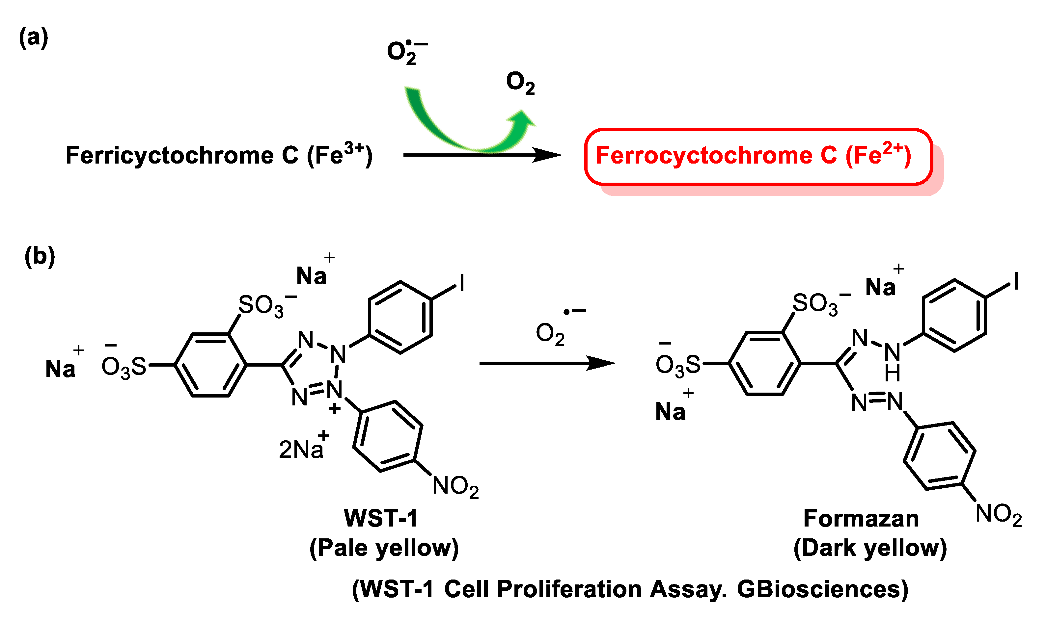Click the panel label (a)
point(33,38)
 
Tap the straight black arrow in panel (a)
point(480,155)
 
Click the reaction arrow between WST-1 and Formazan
point(547,363)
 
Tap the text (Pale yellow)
point(384,548)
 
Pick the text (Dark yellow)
point(870,548)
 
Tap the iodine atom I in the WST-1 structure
point(462,283)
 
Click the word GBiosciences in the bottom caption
point(822,589)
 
